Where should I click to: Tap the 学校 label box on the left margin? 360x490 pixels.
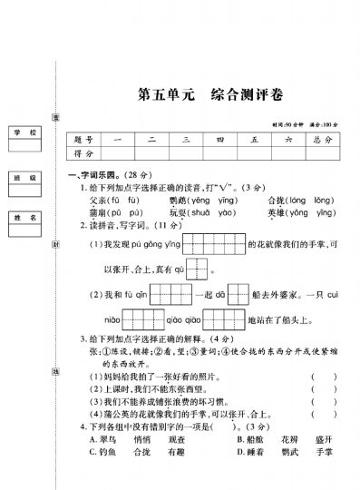coord(24,133)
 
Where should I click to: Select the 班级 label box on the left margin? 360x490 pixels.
coord(24,178)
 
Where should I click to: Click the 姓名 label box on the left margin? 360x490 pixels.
coord(24,219)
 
